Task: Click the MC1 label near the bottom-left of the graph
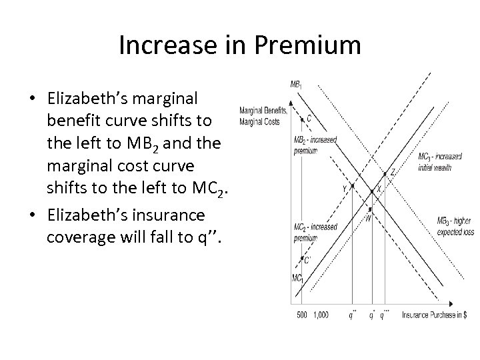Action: click(x=297, y=277)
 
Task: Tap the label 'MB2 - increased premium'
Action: click(x=315, y=145)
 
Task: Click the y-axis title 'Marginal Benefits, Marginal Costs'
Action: click(x=263, y=116)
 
